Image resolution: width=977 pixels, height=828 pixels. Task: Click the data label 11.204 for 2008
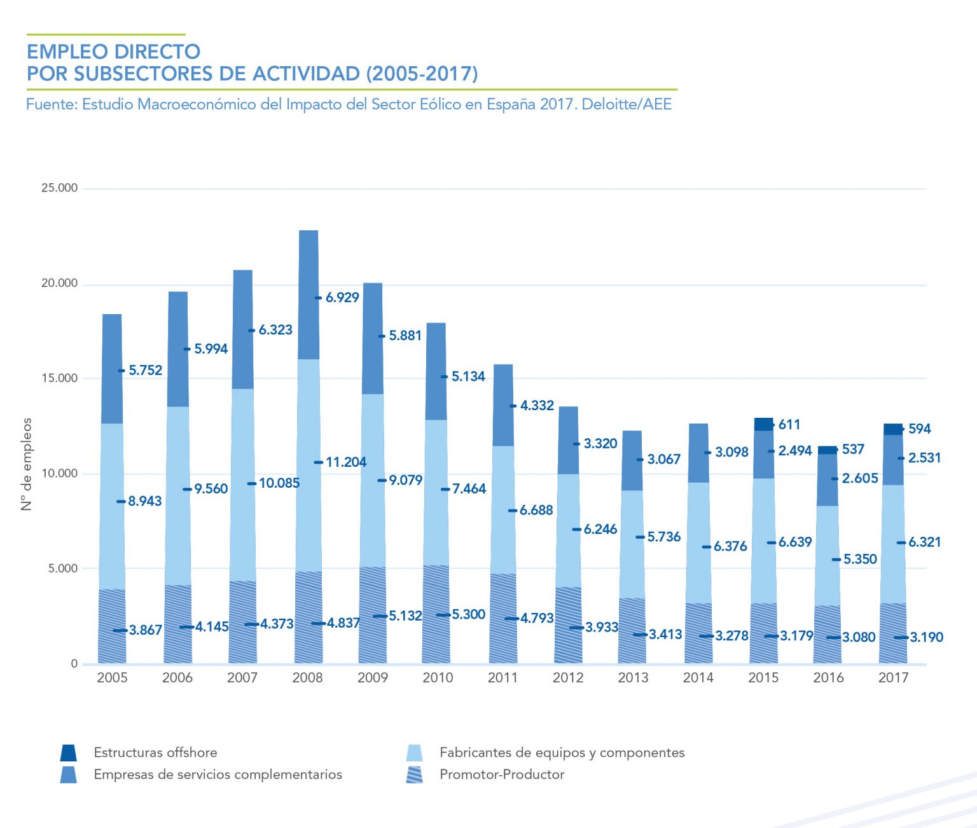coord(346,462)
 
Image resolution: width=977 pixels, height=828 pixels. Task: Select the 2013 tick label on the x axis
coord(633,678)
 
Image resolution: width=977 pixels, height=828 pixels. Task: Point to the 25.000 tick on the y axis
coord(59,188)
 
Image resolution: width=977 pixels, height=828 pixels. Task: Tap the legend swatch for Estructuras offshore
coord(69,753)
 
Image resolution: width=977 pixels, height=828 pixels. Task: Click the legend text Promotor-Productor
coord(502,775)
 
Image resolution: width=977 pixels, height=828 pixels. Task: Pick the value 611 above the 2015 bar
coord(789,425)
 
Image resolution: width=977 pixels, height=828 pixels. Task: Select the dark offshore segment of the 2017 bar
coord(893,429)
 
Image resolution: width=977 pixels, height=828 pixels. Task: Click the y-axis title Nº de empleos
coord(26,464)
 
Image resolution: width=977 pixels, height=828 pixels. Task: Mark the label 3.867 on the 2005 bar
coord(146,630)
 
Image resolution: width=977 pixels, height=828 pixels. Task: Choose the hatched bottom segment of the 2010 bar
coord(436,614)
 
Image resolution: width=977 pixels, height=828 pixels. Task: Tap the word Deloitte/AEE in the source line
coord(627,104)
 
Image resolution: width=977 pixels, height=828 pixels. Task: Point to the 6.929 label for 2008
coord(342,298)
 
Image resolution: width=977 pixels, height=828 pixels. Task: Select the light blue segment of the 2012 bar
coord(568,530)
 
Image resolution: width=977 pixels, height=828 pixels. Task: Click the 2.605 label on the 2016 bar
coord(860,478)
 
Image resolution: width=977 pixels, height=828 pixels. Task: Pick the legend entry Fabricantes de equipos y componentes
coord(562,753)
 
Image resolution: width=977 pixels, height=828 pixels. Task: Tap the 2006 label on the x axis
coord(177,678)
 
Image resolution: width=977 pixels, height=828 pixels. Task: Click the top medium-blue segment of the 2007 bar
coord(243,329)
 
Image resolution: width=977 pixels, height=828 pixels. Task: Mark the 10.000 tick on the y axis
coord(59,474)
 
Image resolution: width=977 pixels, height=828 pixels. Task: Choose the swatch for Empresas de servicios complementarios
coord(69,775)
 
